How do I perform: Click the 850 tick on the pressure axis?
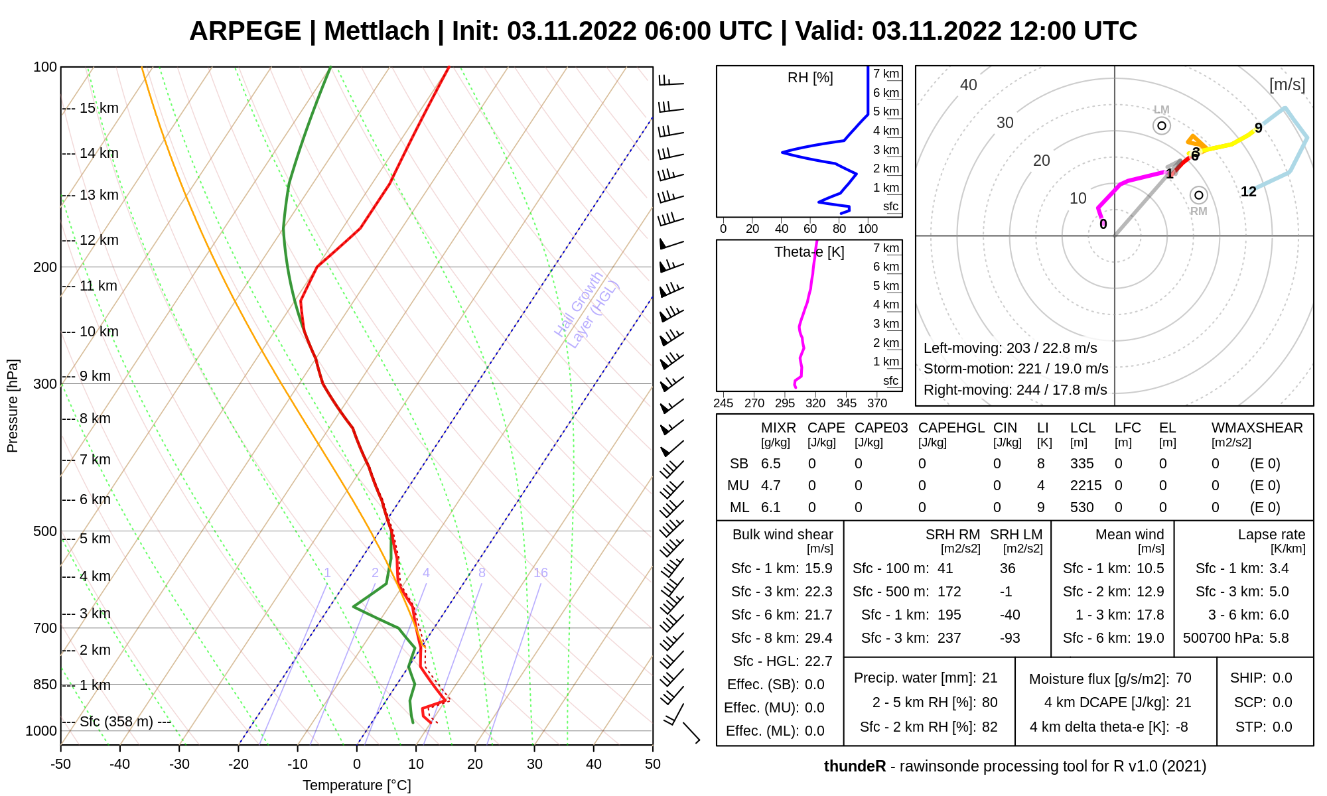[x=45, y=685]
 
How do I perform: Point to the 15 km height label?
[x=99, y=108]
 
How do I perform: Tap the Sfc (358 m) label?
[x=116, y=722]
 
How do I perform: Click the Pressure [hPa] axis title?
[x=13, y=406]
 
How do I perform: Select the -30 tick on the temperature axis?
[x=179, y=764]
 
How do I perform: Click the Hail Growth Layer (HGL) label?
[x=587, y=310]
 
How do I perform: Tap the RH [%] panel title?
[x=810, y=78]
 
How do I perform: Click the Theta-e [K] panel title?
[x=809, y=252]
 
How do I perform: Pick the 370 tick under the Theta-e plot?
[x=877, y=403]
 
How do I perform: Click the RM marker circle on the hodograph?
[x=1198, y=195]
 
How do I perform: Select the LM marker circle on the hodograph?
[x=1162, y=125]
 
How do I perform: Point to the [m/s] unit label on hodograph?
[x=1287, y=85]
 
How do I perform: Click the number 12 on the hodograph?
[x=1249, y=192]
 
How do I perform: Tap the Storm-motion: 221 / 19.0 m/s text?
[x=1016, y=369]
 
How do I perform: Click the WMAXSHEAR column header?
[x=1257, y=428]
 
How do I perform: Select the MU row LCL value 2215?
[x=1085, y=486]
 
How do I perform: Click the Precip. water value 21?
[x=990, y=678]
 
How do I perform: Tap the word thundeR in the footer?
[x=855, y=766]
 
